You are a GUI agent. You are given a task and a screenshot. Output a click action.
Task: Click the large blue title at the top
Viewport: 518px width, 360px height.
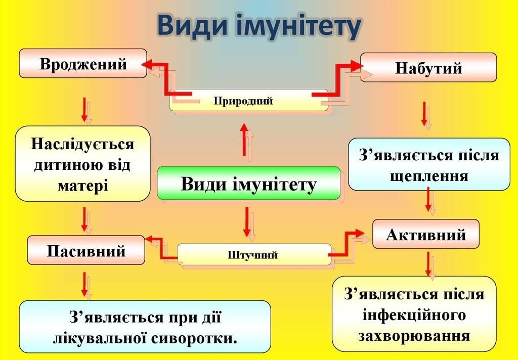[x=258, y=26]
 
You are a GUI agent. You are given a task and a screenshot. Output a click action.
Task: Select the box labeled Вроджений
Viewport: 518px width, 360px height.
[x=83, y=64]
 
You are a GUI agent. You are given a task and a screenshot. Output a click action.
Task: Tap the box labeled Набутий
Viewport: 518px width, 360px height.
[x=428, y=68]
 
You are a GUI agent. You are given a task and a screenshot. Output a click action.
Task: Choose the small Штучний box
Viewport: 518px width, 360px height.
[x=252, y=255]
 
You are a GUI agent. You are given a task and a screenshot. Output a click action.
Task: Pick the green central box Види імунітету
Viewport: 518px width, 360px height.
[x=248, y=184]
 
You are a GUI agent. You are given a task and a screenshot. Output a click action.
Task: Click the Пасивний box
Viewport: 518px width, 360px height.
[x=86, y=250]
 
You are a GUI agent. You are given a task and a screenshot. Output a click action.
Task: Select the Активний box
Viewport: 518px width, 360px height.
[x=425, y=234]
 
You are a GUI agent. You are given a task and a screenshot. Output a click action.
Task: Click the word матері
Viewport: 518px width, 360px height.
[x=83, y=185]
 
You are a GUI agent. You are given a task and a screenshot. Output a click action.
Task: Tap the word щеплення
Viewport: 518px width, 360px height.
[x=429, y=175]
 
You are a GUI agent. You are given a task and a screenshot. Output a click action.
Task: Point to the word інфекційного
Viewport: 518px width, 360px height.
[x=414, y=316]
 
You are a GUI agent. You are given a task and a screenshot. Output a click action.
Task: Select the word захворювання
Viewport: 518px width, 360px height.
[x=414, y=336]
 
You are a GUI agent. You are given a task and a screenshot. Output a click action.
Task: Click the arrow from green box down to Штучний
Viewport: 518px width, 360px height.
[x=247, y=221]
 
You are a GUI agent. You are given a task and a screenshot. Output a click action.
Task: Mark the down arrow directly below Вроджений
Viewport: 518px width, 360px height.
[x=84, y=109]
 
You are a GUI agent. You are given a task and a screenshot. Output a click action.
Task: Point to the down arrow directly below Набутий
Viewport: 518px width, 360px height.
[x=425, y=114]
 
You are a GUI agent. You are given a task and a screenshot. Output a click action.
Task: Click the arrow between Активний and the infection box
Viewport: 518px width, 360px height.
[x=428, y=263]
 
